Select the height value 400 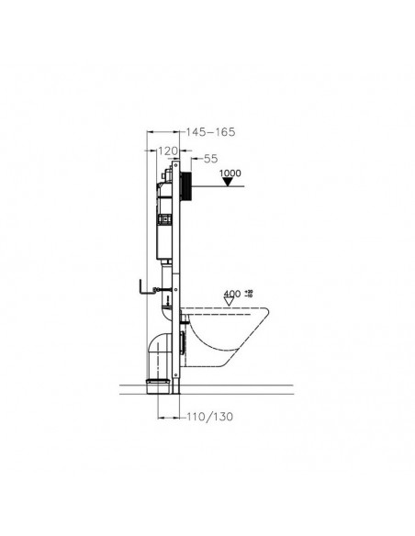tap(231, 295)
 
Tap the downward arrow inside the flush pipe tap(168, 298)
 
